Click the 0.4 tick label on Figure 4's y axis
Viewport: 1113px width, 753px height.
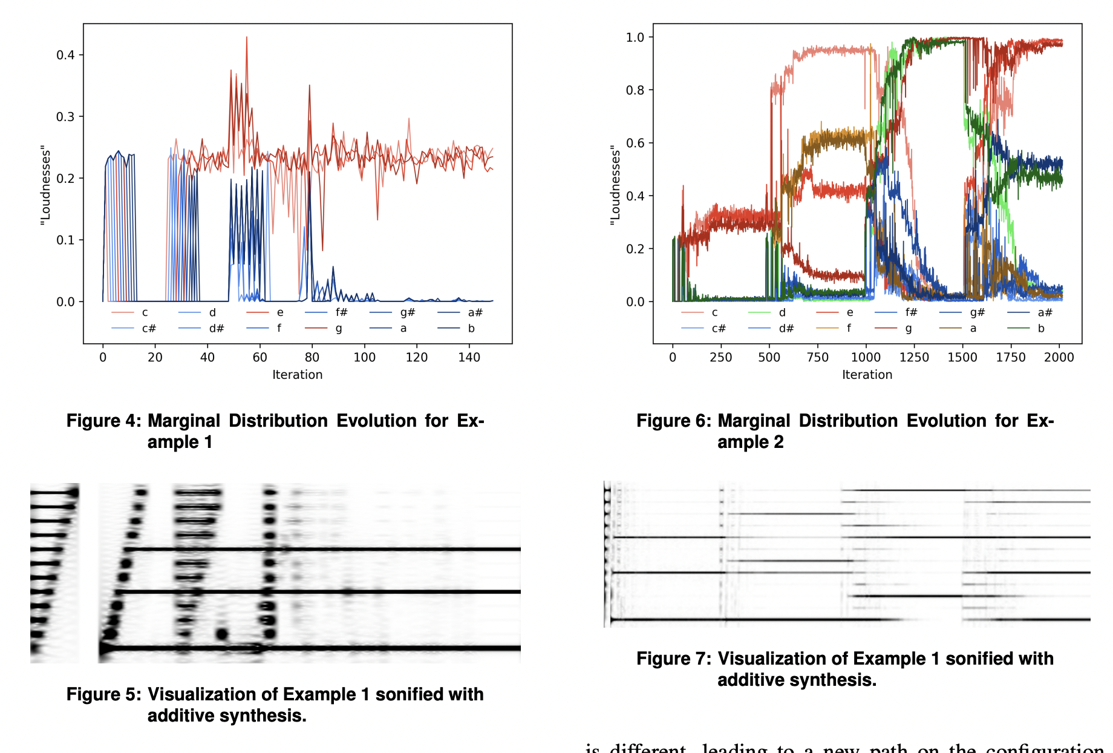tap(65, 55)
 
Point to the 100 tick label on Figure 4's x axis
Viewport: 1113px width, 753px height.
tap(364, 357)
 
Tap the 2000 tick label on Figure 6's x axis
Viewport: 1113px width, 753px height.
tap(1059, 357)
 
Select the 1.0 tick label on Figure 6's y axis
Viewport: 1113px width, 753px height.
tap(635, 38)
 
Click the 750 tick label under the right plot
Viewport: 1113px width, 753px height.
tap(817, 357)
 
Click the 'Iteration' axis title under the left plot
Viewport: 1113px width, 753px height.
tap(297, 375)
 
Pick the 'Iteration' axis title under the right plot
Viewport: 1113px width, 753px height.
tap(867, 375)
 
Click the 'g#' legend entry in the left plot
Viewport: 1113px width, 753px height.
tap(407, 312)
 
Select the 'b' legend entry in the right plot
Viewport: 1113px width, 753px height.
tap(1041, 329)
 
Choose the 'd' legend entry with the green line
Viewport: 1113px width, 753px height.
tap(782, 312)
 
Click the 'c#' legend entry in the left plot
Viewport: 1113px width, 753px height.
tap(149, 329)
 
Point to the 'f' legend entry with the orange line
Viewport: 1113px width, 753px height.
tap(849, 329)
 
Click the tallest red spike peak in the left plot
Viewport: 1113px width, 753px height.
tap(247, 38)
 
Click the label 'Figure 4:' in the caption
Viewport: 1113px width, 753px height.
tap(103, 421)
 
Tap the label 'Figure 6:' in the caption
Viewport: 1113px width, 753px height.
tap(673, 421)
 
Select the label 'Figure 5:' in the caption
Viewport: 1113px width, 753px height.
tap(103, 694)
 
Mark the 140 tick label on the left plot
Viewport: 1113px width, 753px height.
tap(469, 357)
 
